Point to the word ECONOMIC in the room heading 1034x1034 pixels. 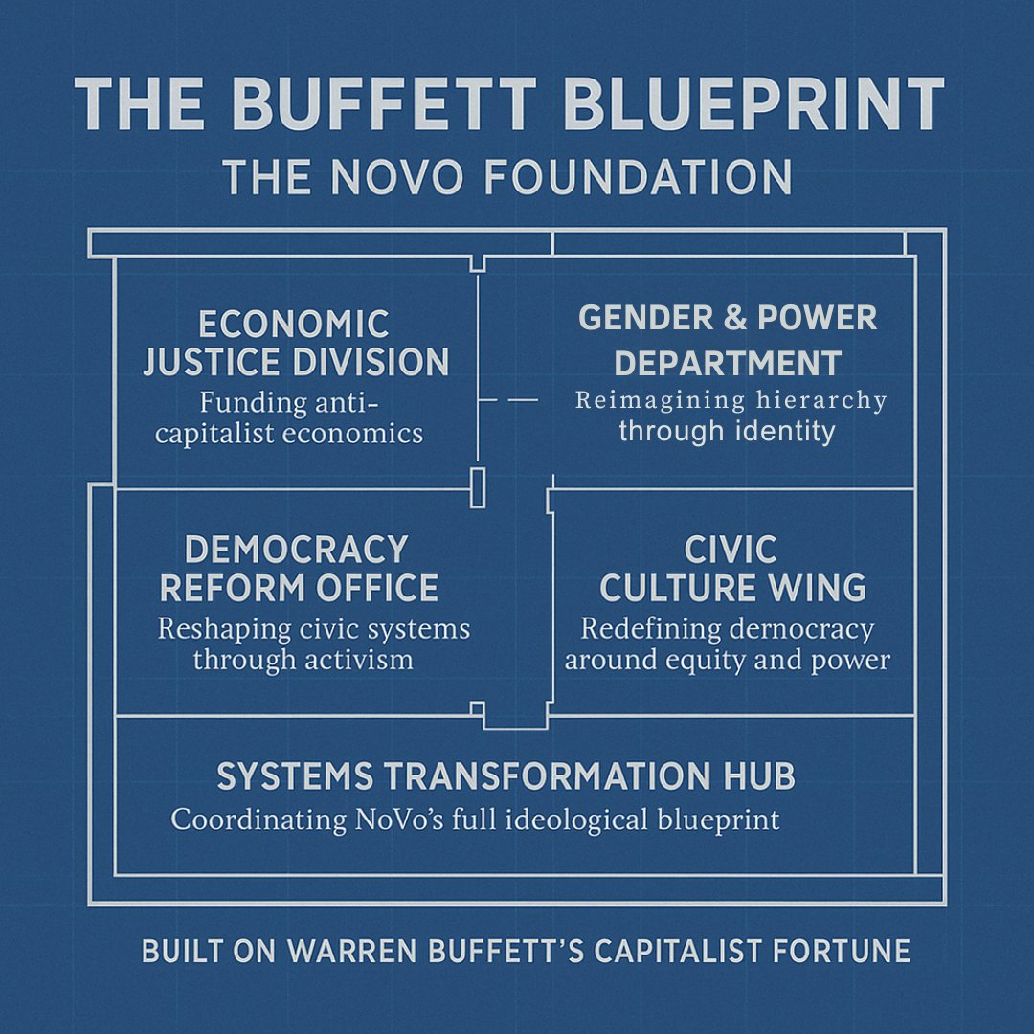tap(294, 324)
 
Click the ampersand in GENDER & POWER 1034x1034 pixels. tap(735, 319)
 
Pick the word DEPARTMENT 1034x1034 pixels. tap(728, 364)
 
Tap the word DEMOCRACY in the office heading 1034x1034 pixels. tap(297, 550)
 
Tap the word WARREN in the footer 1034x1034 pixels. tap(361, 952)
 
